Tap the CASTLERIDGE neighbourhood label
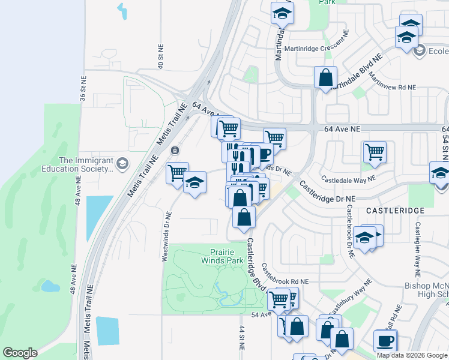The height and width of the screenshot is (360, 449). [394, 211]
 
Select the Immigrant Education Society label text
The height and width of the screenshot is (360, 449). [86, 165]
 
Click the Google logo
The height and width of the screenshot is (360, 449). [20, 353]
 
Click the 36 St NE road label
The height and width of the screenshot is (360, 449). [83, 91]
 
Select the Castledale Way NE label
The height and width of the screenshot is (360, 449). [348, 178]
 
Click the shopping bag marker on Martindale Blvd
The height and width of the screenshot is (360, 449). [325, 77]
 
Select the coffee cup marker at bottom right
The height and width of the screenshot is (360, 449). [385, 340]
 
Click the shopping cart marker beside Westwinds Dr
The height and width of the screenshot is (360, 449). [177, 173]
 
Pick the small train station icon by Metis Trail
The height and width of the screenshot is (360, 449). [175, 150]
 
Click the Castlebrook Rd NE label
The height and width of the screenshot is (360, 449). [285, 281]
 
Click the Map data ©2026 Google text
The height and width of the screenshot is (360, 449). [412, 355]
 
